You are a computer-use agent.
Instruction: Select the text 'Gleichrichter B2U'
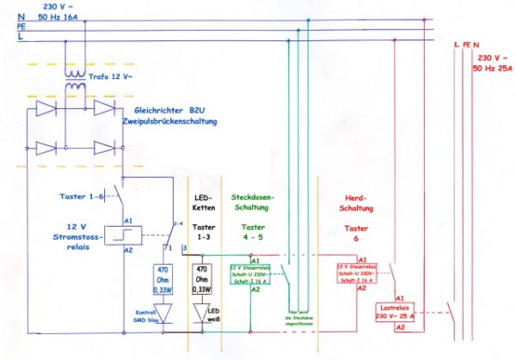pos(177,111)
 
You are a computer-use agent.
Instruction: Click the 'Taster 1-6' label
pos(83,195)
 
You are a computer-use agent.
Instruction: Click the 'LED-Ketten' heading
pos(206,204)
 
